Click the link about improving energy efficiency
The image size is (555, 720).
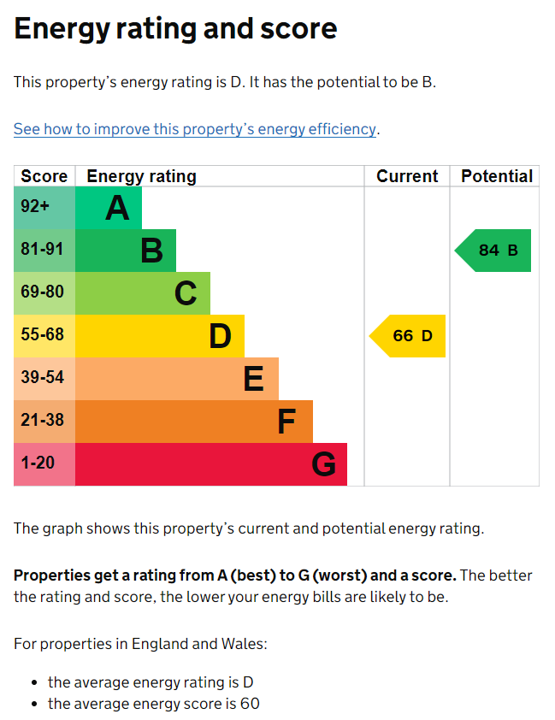(195, 129)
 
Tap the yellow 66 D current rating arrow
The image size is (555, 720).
(407, 336)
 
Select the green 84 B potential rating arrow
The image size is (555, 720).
(493, 251)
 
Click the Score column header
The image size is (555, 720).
(44, 176)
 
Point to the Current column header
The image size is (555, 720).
(407, 176)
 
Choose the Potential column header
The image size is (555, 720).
(497, 176)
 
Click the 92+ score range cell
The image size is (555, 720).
(44, 208)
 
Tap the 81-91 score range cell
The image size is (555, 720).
(44, 251)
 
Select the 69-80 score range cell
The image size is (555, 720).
(44, 293)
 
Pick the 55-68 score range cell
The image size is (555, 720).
(44, 336)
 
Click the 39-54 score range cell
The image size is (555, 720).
(44, 378)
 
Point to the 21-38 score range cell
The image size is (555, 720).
(44, 421)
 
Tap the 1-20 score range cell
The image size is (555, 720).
(44, 463)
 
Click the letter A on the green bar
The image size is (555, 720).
(117, 208)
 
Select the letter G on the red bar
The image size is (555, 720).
(323, 463)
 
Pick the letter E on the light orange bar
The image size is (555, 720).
(254, 378)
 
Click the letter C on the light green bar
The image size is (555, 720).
(186, 293)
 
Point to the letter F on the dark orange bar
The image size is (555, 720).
(287, 422)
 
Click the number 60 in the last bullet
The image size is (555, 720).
(251, 704)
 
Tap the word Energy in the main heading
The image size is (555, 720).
(62, 29)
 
